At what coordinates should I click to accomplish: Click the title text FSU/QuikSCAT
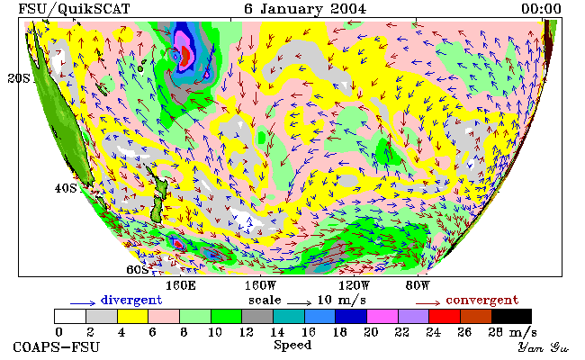point(74,9)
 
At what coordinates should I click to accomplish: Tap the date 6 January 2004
point(305,9)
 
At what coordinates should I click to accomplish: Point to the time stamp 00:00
point(541,9)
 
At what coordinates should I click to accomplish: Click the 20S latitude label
point(19,78)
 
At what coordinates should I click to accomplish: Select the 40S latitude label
point(66,188)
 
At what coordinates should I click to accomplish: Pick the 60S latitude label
point(138,269)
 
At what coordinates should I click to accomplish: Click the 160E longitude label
point(181,286)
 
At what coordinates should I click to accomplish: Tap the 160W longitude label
point(260,286)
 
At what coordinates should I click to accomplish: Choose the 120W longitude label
point(354,286)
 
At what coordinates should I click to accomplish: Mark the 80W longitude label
point(418,286)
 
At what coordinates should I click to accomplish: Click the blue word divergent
point(131,300)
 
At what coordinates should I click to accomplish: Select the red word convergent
point(482,300)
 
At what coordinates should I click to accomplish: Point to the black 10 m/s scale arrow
point(299,302)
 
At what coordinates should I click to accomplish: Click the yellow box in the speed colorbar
point(133,316)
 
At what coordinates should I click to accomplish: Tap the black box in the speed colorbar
point(511,316)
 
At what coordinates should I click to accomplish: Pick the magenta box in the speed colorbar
point(382,316)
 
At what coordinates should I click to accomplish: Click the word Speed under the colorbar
point(292,345)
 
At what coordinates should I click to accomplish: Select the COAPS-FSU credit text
point(57,346)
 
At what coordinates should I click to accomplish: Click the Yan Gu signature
point(544,347)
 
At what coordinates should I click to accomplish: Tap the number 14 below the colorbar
point(277,332)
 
